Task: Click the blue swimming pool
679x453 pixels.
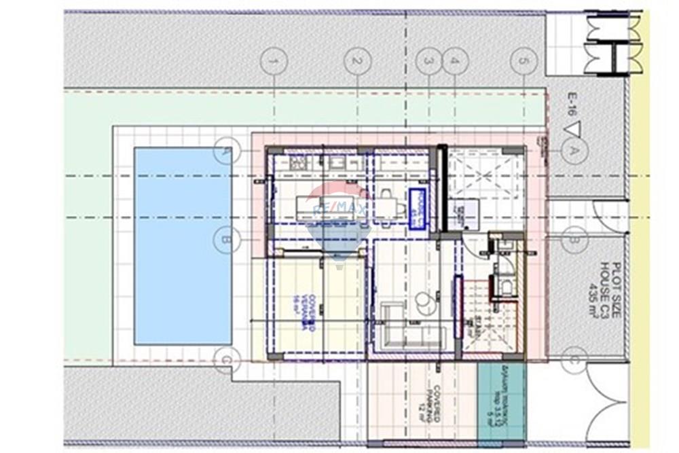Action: pos(183,245)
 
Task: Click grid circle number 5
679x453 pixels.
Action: pos(523,61)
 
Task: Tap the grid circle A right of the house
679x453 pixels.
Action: pos(574,151)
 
